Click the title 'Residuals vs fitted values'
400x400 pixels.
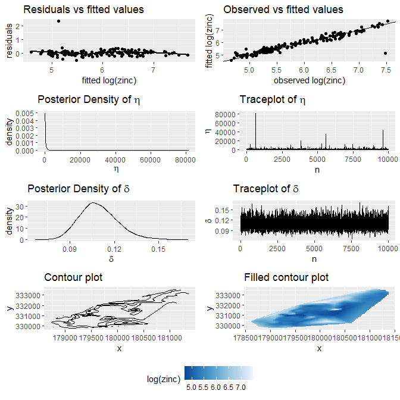[x=83, y=10]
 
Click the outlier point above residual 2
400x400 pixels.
[x=58, y=21]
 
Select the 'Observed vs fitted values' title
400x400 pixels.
[x=283, y=10]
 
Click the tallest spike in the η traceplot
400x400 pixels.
[x=256, y=114]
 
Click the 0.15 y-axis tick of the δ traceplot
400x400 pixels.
[x=221, y=210]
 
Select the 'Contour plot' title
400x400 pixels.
[x=73, y=277]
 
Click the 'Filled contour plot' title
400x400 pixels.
[x=286, y=277]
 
